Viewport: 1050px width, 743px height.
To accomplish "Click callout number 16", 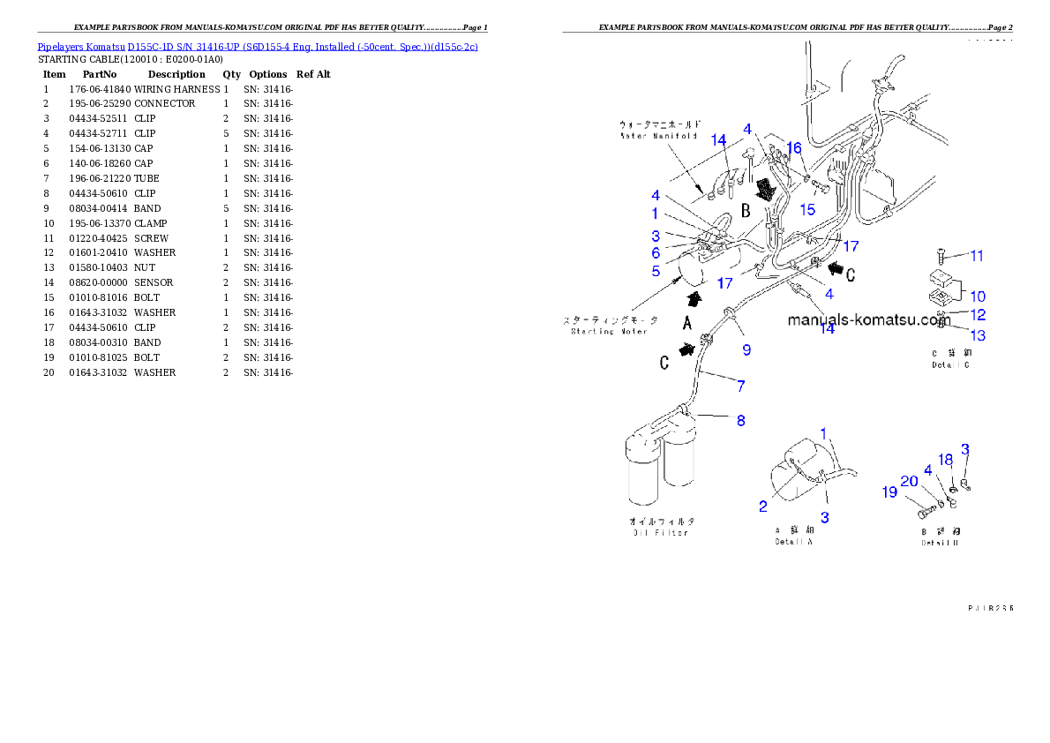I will pyautogui.click(x=794, y=148).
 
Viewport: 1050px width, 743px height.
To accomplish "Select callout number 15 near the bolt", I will pyautogui.click(x=807, y=209).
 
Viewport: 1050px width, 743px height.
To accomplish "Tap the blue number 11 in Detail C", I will pyautogui.click(x=976, y=256).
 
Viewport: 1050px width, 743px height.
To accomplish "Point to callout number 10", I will pyautogui.click(x=978, y=296).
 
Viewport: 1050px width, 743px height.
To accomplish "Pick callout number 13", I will pyautogui.click(x=978, y=335).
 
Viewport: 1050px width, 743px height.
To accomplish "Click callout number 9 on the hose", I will pyautogui.click(x=746, y=349).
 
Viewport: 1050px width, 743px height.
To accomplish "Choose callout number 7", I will pyautogui.click(x=740, y=386).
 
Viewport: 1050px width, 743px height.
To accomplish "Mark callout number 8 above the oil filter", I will pyautogui.click(x=740, y=421).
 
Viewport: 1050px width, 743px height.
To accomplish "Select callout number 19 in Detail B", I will pyautogui.click(x=889, y=492).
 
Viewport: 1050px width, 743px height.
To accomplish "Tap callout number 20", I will pyautogui.click(x=910, y=481).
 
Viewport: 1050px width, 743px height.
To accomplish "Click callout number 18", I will pyautogui.click(x=945, y=460).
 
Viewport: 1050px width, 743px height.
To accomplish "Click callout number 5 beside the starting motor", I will pyautogui.click(x=656, y=271).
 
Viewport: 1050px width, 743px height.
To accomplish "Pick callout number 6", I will pyautogui.click(x=656, y=253).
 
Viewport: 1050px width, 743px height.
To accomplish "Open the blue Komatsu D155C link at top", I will pyautogui.click(x=258, y=46).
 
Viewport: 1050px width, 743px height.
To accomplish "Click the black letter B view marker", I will pyautogui.click(x=745, y=211).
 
